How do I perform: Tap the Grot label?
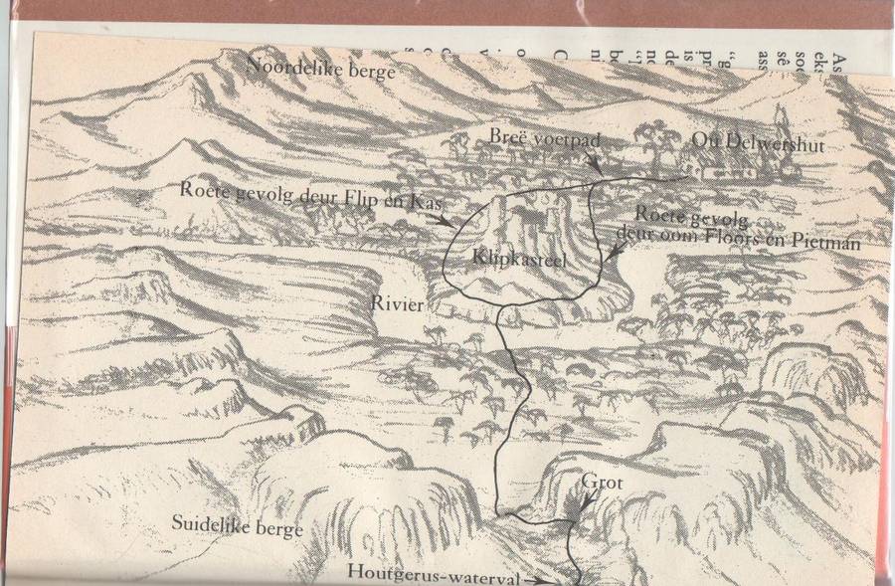coord(603,484)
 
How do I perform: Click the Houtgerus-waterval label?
coord(433,572)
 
